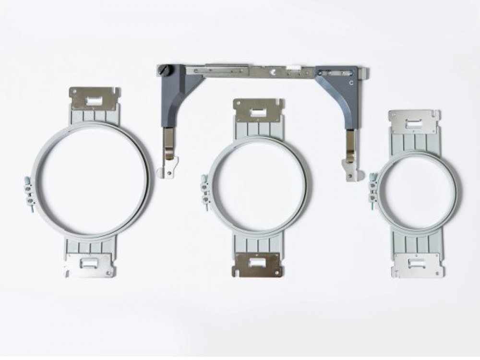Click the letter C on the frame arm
351,83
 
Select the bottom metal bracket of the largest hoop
90,265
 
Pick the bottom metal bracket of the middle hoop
257,265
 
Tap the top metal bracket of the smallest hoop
414,122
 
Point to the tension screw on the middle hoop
204,193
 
